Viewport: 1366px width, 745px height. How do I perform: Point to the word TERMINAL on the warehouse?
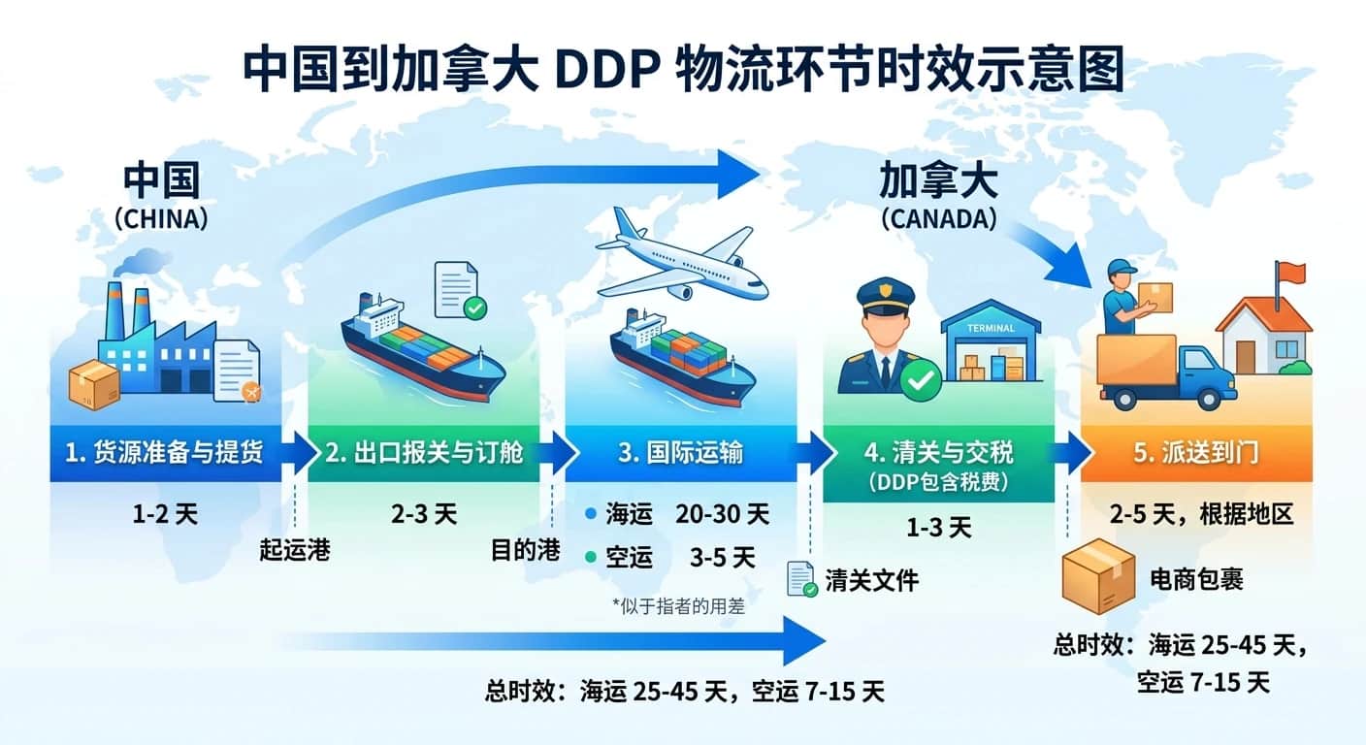[991, 328]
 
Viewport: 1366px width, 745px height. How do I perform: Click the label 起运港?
[295, 551]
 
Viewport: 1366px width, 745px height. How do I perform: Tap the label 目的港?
[525, 551]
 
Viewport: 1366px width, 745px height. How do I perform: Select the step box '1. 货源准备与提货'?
[166, 453]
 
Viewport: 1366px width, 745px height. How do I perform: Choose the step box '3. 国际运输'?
[678, 453]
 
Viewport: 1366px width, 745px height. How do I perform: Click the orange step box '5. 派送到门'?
[1195, 453]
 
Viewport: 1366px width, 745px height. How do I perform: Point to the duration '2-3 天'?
[424, 513]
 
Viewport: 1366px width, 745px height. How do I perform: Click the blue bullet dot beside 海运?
[591, 514]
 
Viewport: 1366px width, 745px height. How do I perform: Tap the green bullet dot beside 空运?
[591, 558]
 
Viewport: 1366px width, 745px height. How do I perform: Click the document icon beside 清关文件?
[802, 579]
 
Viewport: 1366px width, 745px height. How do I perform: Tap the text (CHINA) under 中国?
[161, 219]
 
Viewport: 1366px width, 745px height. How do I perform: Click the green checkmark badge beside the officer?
[920, 382]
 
